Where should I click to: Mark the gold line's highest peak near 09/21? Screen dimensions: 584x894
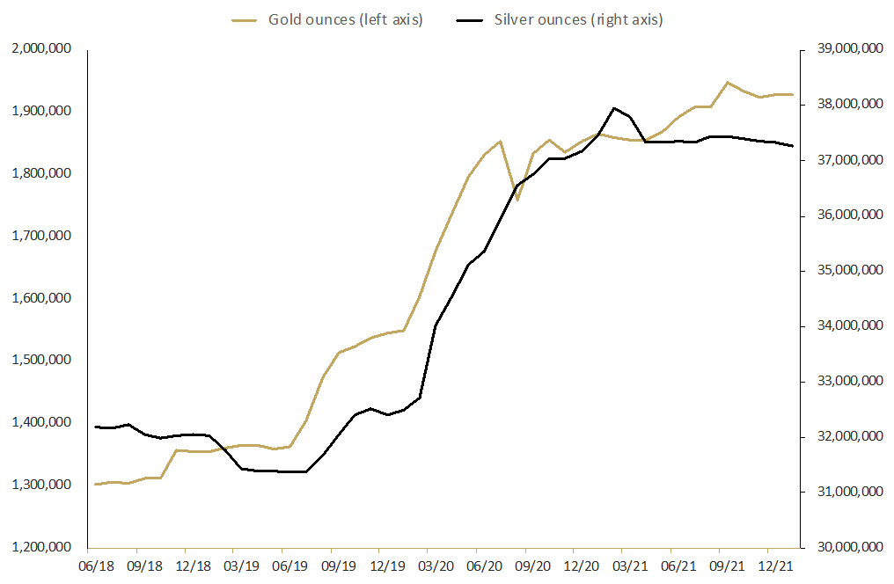coord(727,82)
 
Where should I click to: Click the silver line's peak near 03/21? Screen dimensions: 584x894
coord(614,108)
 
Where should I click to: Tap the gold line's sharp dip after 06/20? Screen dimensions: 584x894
coord(517,200)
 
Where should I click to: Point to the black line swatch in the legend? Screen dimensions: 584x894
coord(478,20)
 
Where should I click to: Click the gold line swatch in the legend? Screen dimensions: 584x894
coord(245,20)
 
